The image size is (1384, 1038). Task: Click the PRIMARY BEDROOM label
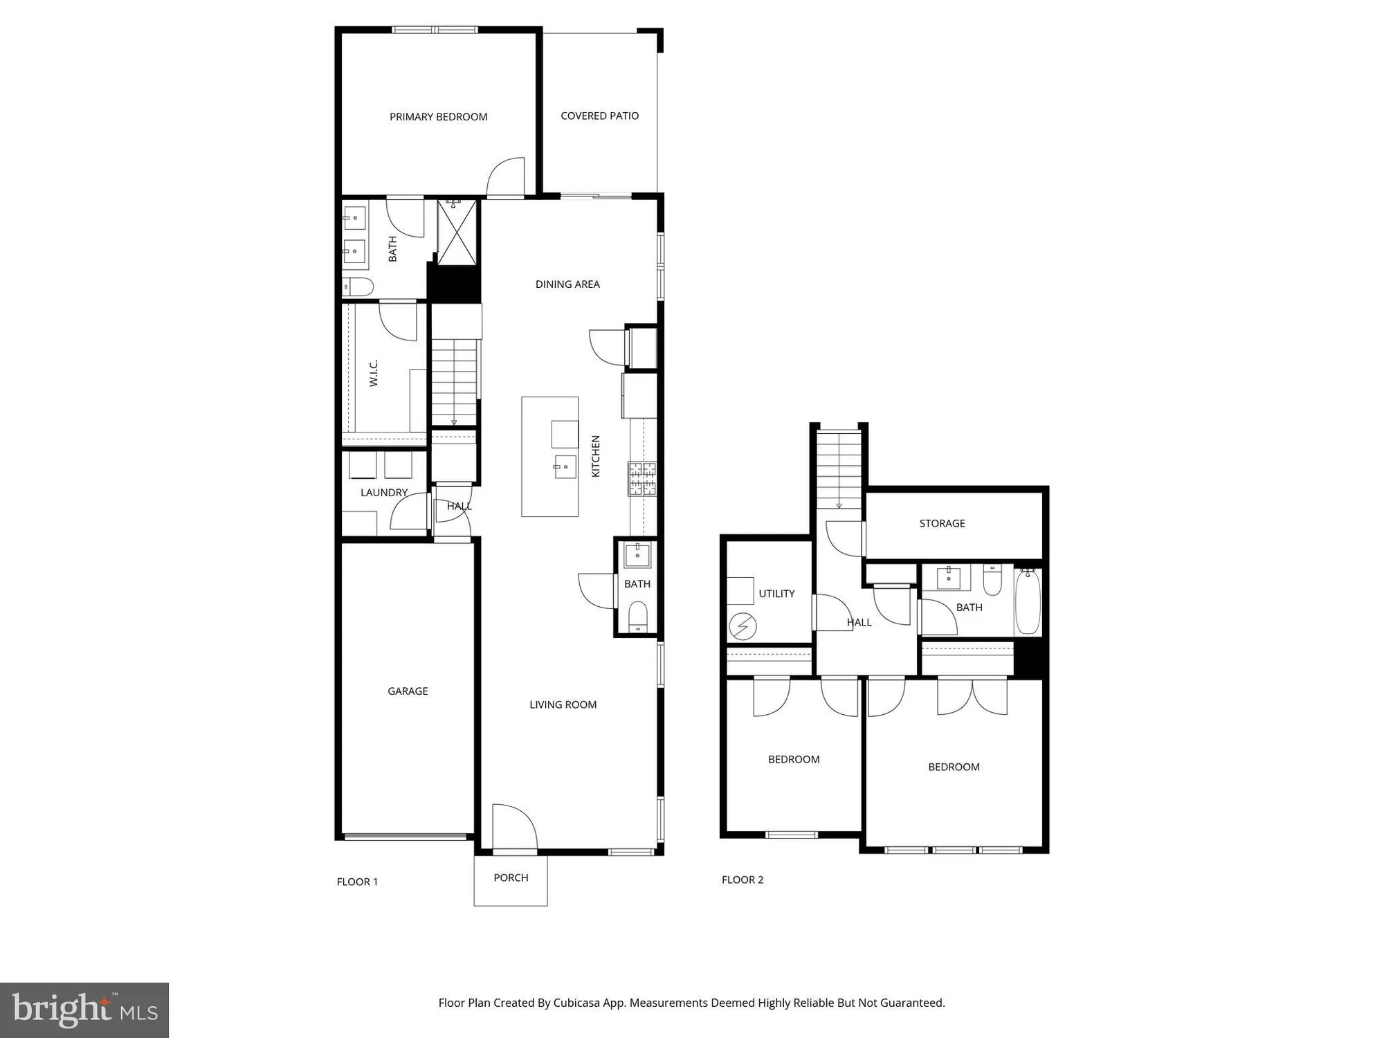point(438,117)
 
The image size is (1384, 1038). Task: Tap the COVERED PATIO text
point(599,116)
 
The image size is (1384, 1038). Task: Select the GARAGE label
point(408,691)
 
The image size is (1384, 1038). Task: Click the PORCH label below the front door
point(511,877)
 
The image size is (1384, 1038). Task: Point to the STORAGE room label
point(942,523)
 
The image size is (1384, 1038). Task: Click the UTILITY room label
point(776,594)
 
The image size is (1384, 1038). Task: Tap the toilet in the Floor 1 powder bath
point(637,615)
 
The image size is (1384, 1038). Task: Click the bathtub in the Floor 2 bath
point(1028,601)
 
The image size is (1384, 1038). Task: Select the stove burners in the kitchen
point(642,479)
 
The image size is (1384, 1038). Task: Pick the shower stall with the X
point(457,232)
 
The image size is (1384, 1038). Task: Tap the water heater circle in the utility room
point(743,627)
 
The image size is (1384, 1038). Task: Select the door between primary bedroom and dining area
point(505,178)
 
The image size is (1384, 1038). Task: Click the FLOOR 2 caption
point(743,880)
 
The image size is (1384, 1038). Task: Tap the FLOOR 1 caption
point(357,882)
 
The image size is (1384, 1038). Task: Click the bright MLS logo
point(84,1010)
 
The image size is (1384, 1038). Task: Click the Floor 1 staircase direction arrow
point(454,421)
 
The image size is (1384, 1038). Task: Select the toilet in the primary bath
point(358,286)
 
